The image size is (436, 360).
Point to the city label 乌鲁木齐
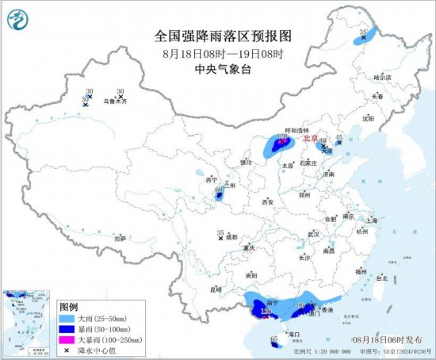(116, 102)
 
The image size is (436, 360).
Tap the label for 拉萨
(120, 238)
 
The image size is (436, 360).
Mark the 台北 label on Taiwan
(382, 278)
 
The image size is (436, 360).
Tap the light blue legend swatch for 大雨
(67, 318)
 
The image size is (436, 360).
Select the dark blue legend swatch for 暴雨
(67, 329)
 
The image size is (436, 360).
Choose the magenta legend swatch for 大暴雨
(67, 339)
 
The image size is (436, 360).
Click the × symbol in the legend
(67, 350)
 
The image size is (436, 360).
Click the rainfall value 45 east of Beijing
(339, 137)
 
